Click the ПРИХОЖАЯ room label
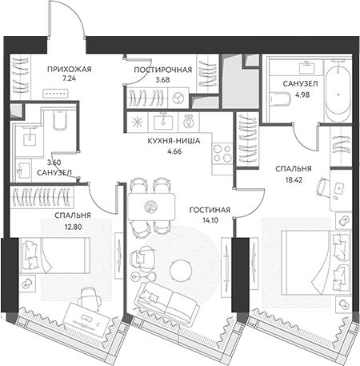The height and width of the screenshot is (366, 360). pos(70,70)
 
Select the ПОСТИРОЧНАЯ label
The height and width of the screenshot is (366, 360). pos(163,70)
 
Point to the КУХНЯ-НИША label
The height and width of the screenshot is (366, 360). pos(174,141)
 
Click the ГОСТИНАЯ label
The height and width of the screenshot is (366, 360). pos(210,211)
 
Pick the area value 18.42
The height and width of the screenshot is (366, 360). pos(294,180)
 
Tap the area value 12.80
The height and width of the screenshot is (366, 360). pos(73,227)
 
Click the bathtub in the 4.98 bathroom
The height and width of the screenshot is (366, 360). pos(338,91)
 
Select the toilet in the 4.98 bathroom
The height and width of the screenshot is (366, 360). pos(279,99)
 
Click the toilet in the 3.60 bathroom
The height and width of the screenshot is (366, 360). pos(59,120)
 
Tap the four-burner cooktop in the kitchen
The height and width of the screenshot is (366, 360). pos(222,153)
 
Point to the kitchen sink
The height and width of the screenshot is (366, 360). pos(163,122)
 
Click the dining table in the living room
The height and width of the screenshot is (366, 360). pos(151,207)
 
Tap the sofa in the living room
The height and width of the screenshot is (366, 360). pos(167,300)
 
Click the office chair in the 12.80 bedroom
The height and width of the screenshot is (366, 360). pos(89,296)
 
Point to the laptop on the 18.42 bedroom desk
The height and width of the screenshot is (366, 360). pos(338,188)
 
